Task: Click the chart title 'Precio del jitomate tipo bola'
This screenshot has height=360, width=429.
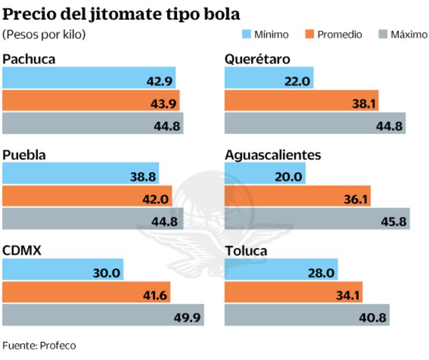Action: coord(121,14)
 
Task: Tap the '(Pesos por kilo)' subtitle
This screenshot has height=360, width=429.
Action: coord(44,35)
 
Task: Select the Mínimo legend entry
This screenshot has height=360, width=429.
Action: coord(265,35)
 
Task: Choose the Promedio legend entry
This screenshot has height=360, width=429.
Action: coord(333,35)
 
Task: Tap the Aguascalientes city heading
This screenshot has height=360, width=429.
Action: coord(272,155)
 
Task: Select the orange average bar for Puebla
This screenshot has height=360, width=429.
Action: coord(87,197)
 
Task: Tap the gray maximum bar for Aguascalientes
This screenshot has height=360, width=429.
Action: coord(317,219)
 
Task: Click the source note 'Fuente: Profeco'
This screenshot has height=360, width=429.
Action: coord(39,345)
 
